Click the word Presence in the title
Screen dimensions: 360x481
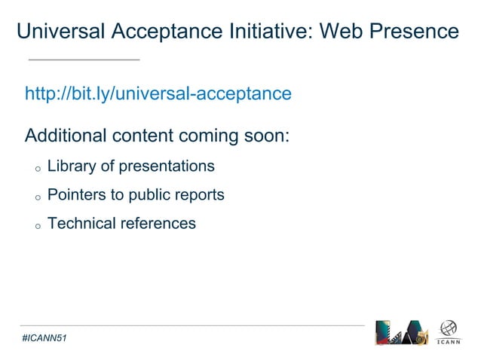415,32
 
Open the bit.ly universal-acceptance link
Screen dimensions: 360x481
158,94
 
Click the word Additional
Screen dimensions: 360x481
66,136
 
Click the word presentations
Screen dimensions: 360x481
166,166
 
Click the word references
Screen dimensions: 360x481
159,224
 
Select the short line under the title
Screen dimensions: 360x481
84,59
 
